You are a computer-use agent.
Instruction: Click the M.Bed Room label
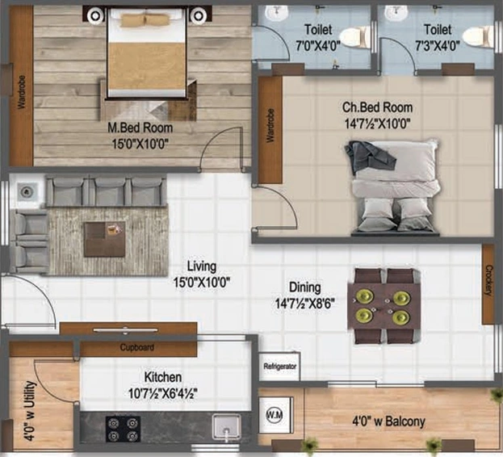point(140,128)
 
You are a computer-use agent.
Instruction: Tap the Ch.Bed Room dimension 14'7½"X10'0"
point(377,124)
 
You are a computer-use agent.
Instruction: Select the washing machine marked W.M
point(275,415)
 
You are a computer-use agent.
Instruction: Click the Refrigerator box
point(279,367)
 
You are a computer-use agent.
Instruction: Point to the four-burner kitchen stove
point(124,429)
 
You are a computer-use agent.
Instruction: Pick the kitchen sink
point(227,426)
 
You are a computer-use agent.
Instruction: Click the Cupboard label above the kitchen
point(137,347)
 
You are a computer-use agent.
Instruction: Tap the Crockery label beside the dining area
point(488,280)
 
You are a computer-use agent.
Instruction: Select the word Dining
point(304,287)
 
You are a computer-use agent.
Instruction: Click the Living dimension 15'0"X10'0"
point(202,283)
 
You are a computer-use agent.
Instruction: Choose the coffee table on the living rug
point(105,239)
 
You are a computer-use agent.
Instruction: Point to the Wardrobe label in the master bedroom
point(21,92)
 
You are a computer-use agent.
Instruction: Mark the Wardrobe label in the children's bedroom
point(270,125)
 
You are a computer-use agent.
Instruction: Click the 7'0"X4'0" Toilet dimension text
point(318,46)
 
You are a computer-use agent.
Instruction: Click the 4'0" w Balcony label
point(389,421)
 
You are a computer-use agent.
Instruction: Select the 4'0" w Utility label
point(30,411)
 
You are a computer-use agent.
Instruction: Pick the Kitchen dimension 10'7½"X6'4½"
point(162,393)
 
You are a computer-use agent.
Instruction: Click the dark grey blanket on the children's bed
point(369,157)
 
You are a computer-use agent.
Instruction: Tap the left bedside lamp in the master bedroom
point(95,15)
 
